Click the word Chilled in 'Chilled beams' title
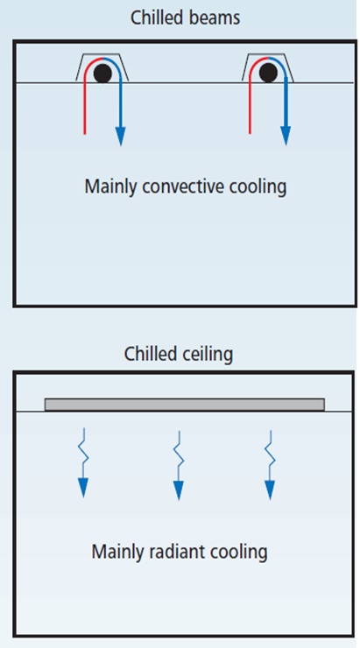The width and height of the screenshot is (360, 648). point(157,18)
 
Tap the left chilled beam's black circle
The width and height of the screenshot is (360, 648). point(102,74)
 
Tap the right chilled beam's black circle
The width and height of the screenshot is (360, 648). point(268,74)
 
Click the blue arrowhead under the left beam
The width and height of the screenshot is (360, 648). point(120,136)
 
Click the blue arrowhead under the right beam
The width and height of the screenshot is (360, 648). point(286,136)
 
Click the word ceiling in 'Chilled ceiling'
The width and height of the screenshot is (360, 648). point(208,354)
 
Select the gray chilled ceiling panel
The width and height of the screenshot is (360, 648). point(184,405)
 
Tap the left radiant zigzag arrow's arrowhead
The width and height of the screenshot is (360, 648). point(83,488)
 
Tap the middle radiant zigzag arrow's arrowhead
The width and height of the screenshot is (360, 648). point(179,490)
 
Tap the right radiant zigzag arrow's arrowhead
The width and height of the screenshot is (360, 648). point(270,490)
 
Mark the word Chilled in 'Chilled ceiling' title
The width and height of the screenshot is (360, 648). point(151,354)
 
